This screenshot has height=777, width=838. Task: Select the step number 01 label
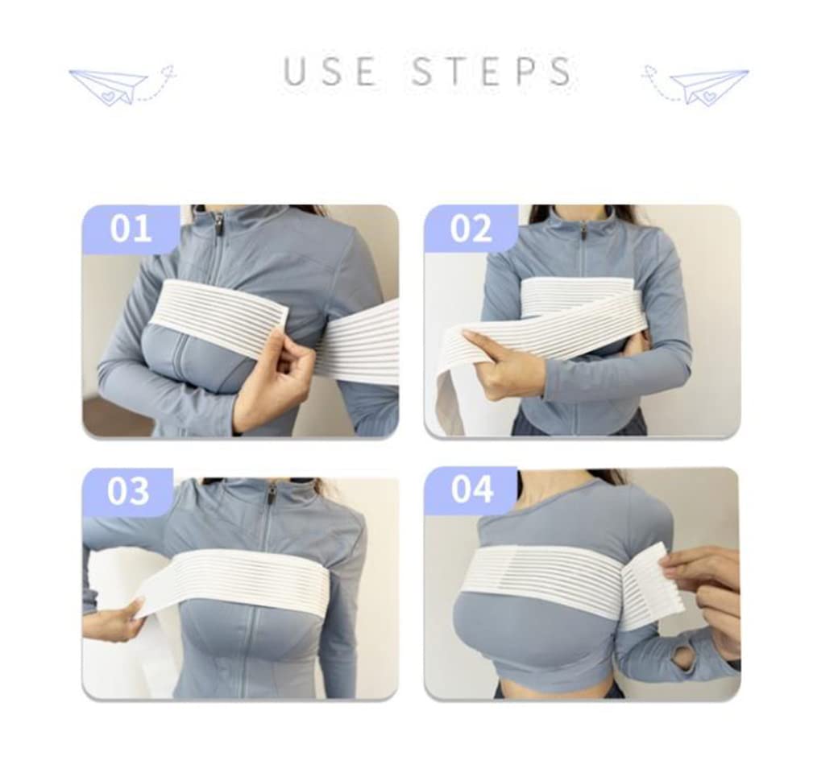pos(131,229)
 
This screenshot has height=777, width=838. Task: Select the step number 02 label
pos(471,229)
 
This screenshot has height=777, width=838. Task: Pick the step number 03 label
pos(128,491)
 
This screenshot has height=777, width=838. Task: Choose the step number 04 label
pos(472,490)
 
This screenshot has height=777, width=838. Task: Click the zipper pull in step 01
pos(218,222)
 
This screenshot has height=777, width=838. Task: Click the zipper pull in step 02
pos(583,233)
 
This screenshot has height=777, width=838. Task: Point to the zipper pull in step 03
pos(272,494)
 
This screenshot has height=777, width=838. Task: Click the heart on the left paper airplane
pos(109,97)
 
